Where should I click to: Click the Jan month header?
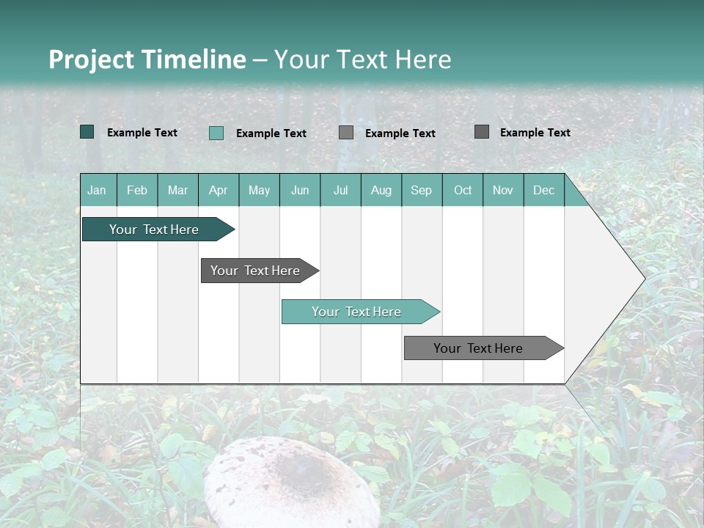click(97, 191)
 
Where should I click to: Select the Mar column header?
click(177, 191)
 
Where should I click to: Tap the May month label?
click(259, 191)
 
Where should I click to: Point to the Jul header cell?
click(340, 191)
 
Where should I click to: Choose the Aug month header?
click(381, 191)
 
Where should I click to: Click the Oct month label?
click(463, 191)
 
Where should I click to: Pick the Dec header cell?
click(543, 191)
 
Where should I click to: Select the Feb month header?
click(137, 191)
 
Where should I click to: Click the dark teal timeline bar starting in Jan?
click(154, 230)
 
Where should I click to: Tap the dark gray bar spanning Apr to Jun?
click(255, 271)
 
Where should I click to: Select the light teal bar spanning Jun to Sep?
click(356, 312)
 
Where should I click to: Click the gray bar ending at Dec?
click(478, 348)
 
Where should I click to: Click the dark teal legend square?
click(87, 132)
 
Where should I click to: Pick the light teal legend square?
click(216, 133)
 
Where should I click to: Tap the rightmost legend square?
click(482, 132)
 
